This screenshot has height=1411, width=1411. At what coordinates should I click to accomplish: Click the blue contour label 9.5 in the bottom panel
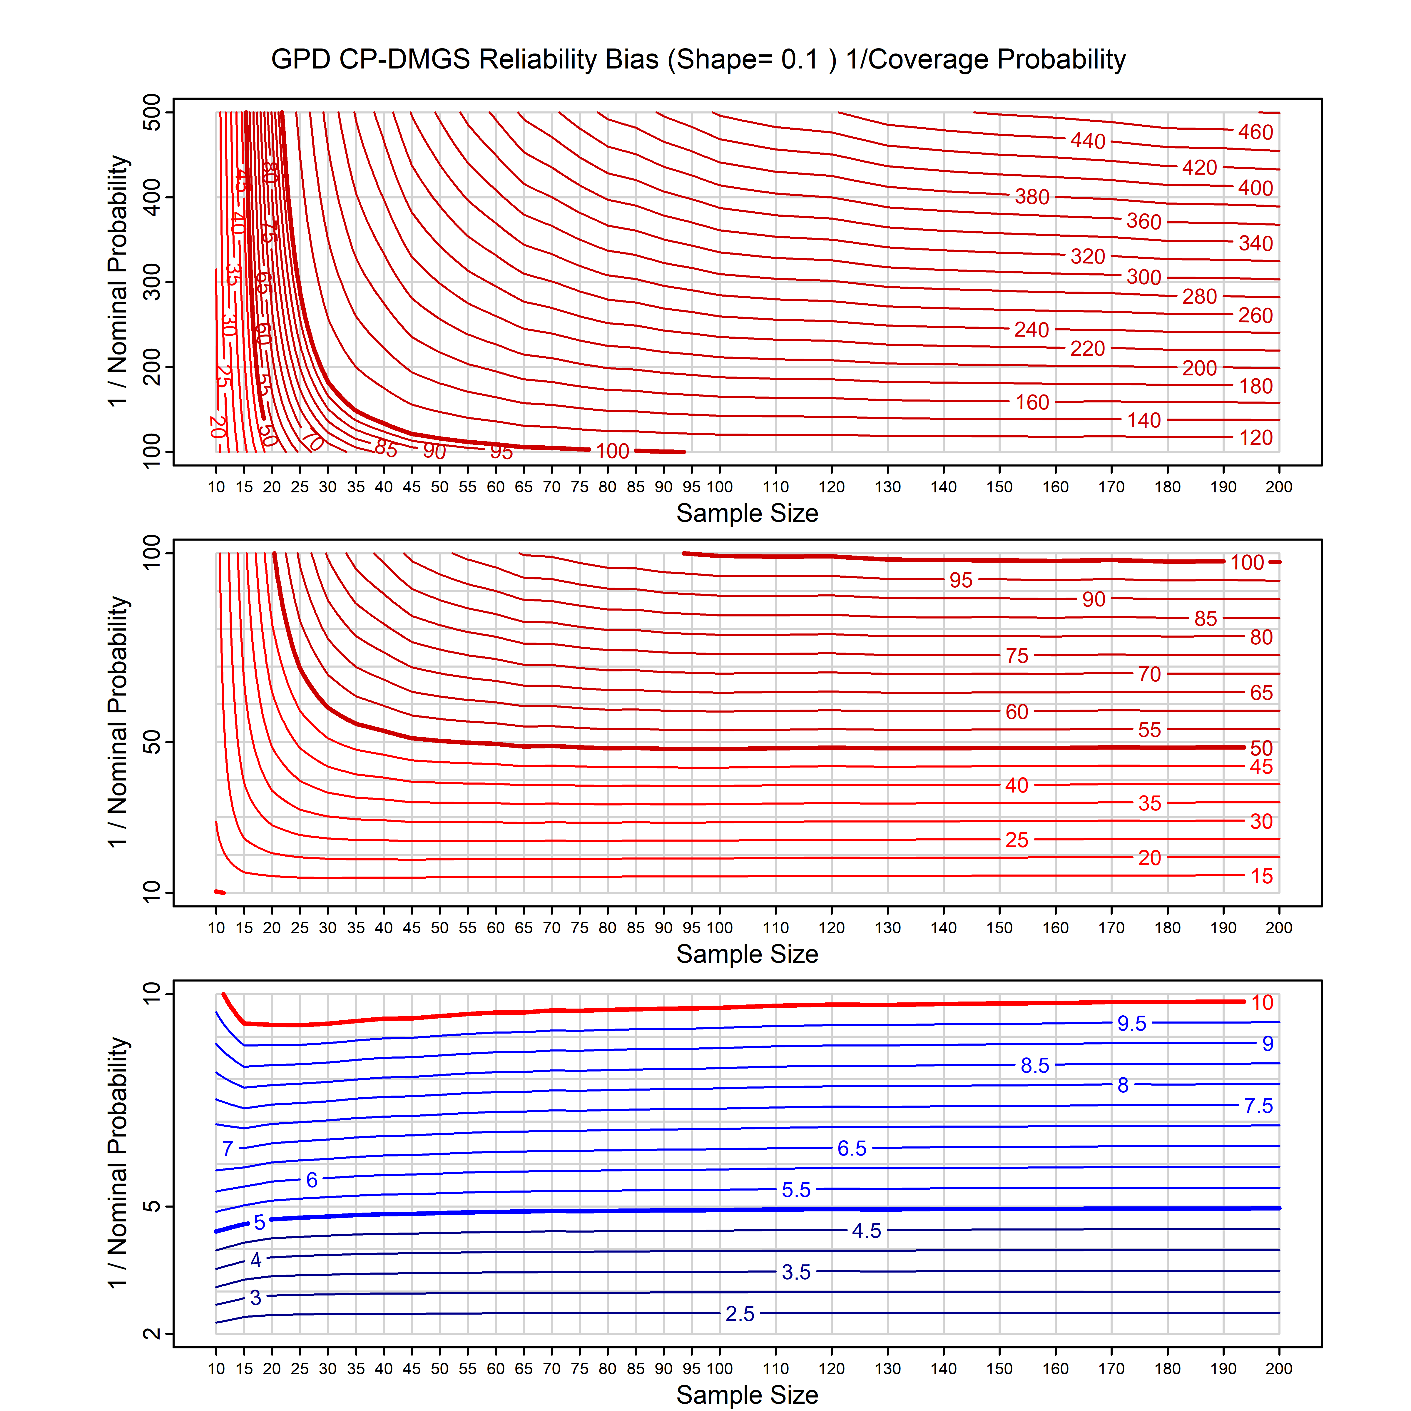(x=1131, y=1023)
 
